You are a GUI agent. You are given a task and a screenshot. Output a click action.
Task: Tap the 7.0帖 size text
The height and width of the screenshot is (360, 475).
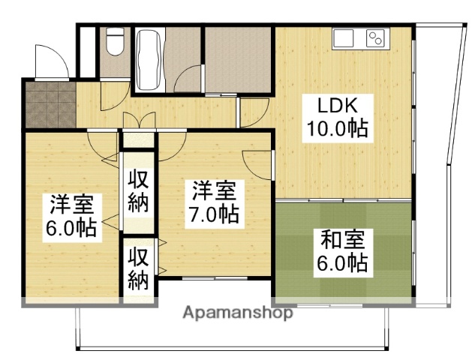tap(214, 214)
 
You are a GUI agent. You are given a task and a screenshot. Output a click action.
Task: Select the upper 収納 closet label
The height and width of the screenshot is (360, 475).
tap(138, 190)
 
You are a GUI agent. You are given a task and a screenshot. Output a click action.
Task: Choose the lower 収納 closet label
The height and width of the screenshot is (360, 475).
tap(138, 269)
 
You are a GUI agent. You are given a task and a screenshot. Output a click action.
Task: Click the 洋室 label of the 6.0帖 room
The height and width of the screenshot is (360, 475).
tap(71, 203)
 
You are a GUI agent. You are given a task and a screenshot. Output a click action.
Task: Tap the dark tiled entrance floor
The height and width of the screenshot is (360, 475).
tap(49, 104)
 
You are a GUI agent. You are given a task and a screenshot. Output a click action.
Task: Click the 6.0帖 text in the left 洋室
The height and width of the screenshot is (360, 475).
tap(71, 227)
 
